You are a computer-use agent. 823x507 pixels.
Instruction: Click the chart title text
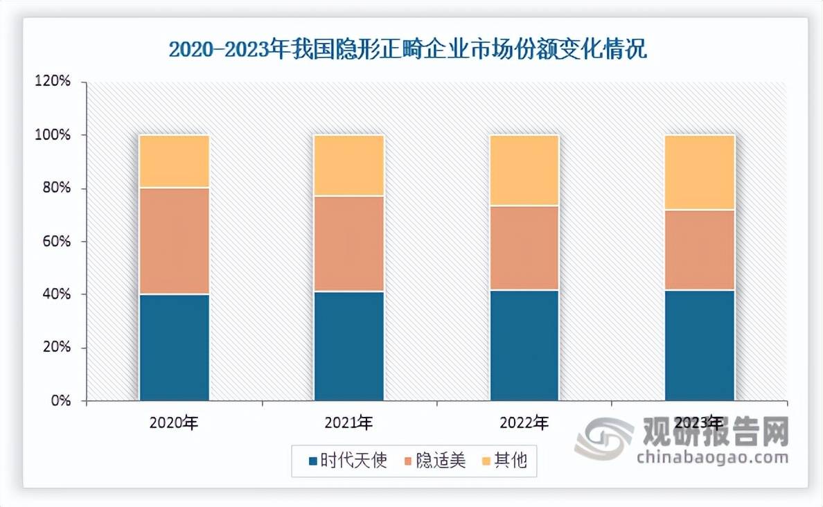tap(408, 51)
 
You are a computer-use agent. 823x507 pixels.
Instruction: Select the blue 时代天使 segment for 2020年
tap(174, 347)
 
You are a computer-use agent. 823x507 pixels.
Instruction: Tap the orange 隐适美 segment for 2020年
tap(174, 241)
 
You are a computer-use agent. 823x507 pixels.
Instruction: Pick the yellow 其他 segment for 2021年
tap(348, 166)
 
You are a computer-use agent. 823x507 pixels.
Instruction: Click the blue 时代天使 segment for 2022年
tap(524, 345)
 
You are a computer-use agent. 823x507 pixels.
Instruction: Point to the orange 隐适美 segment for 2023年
tap(699, 249)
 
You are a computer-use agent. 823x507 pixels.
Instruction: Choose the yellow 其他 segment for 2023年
tap(699, 172)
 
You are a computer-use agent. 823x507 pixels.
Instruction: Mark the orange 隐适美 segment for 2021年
tap(348, 244)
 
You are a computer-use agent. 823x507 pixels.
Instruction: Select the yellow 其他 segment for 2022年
tap(524, 170)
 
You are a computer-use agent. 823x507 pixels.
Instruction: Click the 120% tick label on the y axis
tap(55, 82)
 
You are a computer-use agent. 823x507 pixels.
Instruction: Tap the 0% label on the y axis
tap(62, 401)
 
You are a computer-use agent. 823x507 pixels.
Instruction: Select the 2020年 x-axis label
tap(174, 422)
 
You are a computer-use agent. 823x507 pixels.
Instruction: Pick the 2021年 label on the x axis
tap(348, 422)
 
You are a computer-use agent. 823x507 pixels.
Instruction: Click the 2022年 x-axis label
tap(524, 422)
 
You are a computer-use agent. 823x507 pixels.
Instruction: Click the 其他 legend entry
tap(509, 461)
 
